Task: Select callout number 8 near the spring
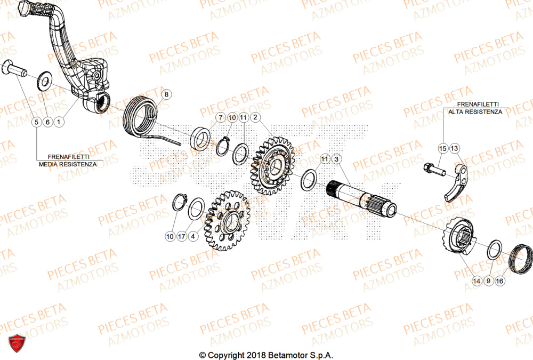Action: click(166, 95)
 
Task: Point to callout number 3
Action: click(336, 159)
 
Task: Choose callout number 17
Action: click(182, 236)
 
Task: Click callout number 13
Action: click(454, 148)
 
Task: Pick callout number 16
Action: click(499, 280)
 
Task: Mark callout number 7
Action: click(220, 117)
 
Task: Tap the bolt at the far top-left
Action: click(15, 68)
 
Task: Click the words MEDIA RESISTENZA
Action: click(68, 164)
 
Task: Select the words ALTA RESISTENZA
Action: click(475, 112)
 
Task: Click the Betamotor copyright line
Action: click(266, 355)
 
